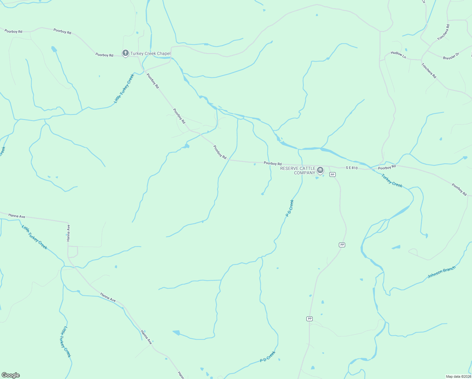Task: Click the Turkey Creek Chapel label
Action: [150, 54]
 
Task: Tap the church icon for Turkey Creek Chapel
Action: [125, 53]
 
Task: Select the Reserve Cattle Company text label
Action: [298, 171]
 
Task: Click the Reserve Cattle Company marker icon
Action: [320, 170]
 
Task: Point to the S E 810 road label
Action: [351, 168]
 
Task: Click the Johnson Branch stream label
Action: [441, 272]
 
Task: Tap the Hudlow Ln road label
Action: [398, 55]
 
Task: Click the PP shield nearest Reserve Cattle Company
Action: [332, 175]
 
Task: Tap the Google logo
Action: [11, 375]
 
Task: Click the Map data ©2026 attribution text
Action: [458, 376]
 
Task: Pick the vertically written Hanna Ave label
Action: [68, 233]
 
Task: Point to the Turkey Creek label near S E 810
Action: [392, 181]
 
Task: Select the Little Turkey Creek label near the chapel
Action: [124, 89]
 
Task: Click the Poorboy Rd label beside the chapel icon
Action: [104, 55]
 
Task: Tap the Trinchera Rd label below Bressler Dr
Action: [428, 71]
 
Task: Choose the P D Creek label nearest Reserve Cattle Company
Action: [290, 208]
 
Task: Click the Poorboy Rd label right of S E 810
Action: [387, 167]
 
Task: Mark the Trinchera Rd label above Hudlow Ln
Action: [443, 32]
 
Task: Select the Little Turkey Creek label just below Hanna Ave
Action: [34, 237]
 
